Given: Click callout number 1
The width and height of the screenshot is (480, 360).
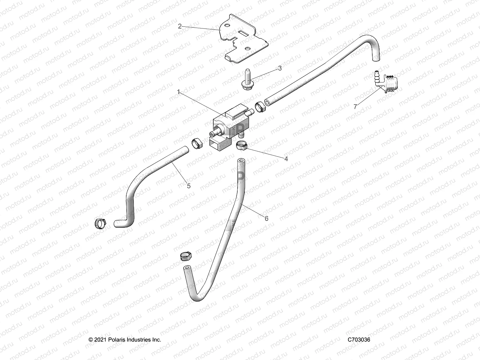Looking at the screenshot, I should click(x=178, y=92).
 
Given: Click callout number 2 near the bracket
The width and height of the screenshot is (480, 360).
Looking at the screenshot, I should click(x=180, y=26).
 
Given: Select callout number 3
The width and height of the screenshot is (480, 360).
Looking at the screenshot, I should click(x=280, y=68).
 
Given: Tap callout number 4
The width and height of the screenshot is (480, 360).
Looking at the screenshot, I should click(x=286, y=159).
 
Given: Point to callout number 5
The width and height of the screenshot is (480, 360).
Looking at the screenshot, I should click(x=189, y=186).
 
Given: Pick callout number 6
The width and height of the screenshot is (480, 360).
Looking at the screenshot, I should click(x=266, y=218).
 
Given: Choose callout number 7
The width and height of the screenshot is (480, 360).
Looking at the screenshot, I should click(x=355, y=106).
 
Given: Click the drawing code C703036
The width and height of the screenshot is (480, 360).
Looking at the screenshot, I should click(x=359, y=340).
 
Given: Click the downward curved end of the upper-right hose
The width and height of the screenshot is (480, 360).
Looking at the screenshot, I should click(x=375, y=54).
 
